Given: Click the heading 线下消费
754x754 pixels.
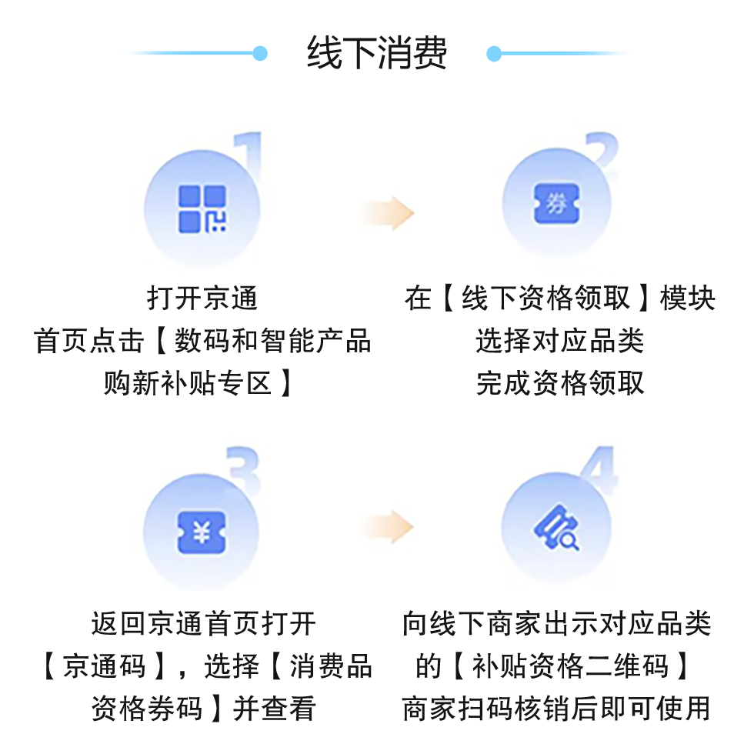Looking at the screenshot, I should pos(377,54).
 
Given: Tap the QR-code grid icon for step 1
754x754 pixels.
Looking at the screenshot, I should pos(202,209).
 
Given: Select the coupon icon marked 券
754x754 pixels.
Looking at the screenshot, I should pos(556,205).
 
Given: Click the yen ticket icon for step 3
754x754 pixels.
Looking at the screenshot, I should pos(202,532).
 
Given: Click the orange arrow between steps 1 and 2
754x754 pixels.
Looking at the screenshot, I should pos(389,212).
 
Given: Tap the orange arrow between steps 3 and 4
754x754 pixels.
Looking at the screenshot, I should pos(389,528).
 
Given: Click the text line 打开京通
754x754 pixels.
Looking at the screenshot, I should pos(202,298).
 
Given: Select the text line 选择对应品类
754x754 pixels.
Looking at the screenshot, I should pos(559,340).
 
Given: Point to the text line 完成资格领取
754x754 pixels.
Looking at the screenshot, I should pos(559,382).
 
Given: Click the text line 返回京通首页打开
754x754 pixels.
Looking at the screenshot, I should pos(203,624).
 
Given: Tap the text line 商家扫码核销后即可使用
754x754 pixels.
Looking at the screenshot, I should pos(556,709).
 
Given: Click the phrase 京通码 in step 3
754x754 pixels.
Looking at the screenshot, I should pos(104,666).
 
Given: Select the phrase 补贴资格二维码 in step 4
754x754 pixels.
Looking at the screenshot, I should pos(570,666).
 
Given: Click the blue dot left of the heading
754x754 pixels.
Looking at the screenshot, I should pos(260,53).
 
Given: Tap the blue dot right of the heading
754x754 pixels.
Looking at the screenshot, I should pos(494,53).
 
